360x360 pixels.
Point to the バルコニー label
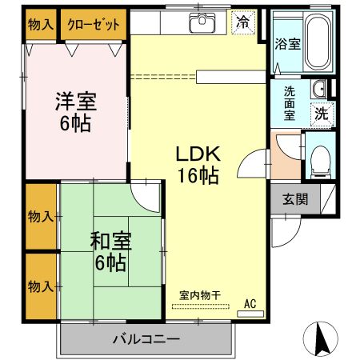(x=146, y=340)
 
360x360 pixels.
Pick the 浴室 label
(x=287, y=44)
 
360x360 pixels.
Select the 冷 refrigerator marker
(x=241, y=23)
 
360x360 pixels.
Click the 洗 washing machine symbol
(x=321, y=114)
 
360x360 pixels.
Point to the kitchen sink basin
(x=200, y=24)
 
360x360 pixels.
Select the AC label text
(x=250, y=303)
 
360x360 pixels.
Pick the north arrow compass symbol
(x=322, y=339)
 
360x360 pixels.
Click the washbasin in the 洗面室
(x=318, y=89)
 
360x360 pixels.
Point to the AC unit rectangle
(x=250, y=313)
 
